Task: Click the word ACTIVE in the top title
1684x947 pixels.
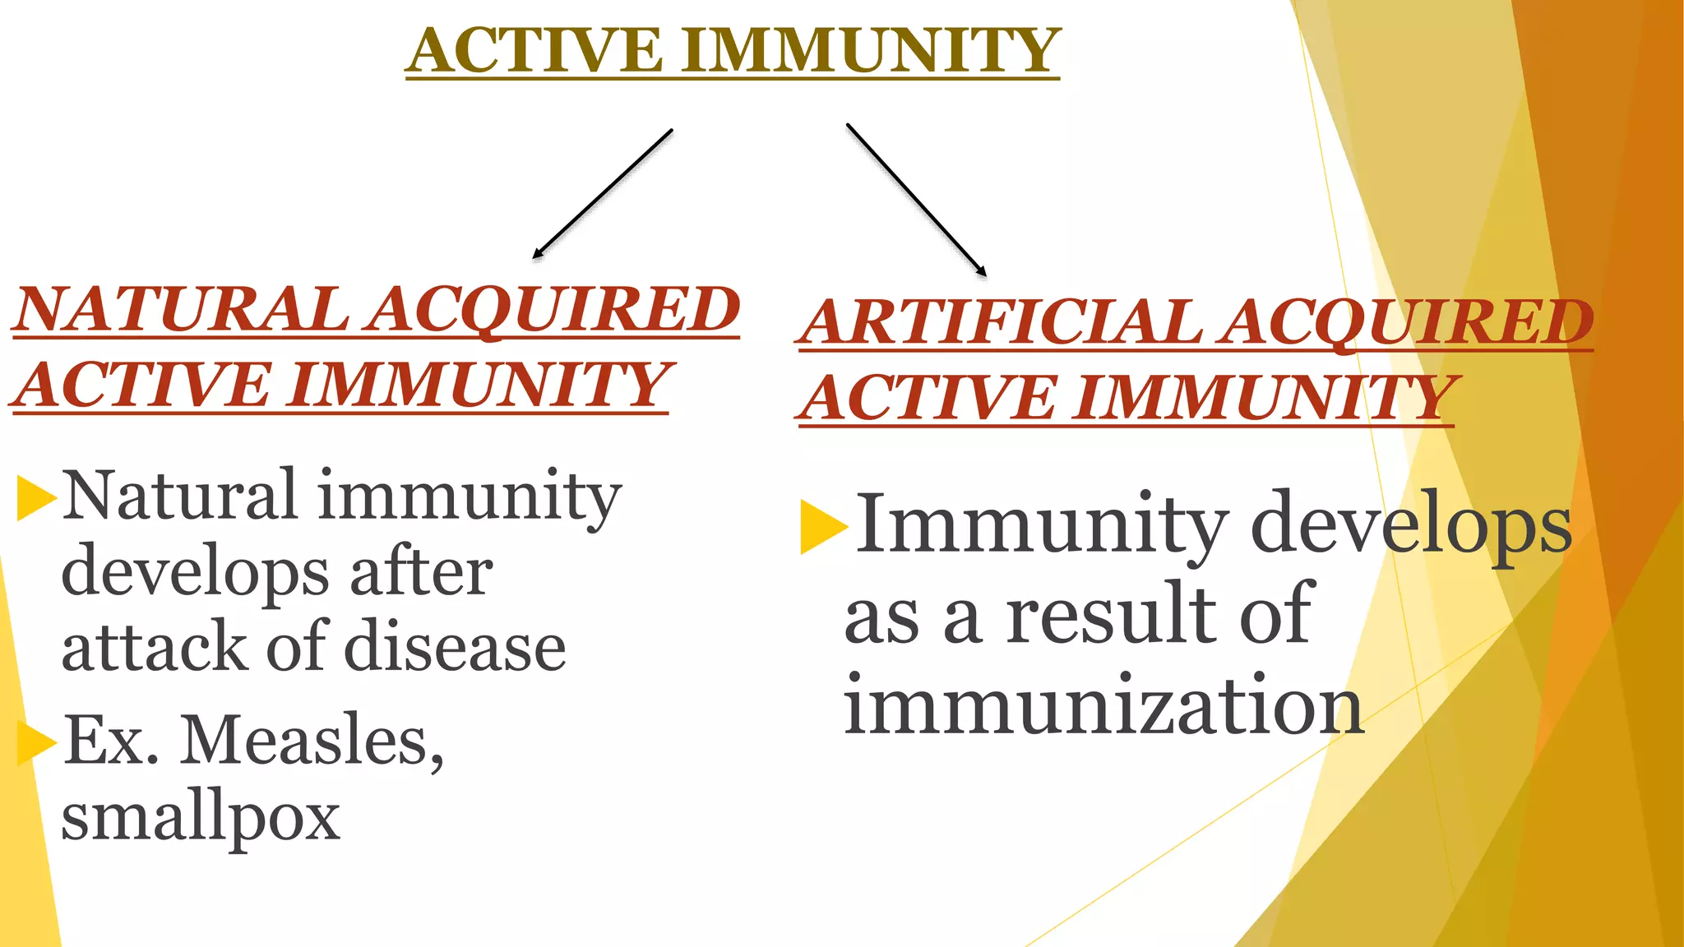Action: pos(534,51)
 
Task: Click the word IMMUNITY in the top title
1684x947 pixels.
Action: pos(871,51)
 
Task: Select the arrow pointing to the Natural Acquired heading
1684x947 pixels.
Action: pos(603,194)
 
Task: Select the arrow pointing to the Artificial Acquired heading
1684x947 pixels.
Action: pos(916,199)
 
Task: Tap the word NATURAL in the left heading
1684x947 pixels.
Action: pos(182,310)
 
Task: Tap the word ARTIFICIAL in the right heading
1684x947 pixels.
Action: pos(1003,321)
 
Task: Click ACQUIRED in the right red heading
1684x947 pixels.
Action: pos(1406,321)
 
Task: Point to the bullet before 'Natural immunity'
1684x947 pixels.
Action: pos(36,498)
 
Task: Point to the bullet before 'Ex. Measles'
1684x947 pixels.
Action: pos(36,741)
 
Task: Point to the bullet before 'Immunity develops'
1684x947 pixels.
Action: pos(823,526)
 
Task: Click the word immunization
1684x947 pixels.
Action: pos(1103,705)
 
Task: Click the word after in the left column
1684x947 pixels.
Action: pos(422,572)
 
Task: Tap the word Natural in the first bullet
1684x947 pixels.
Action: pos(179,496)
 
